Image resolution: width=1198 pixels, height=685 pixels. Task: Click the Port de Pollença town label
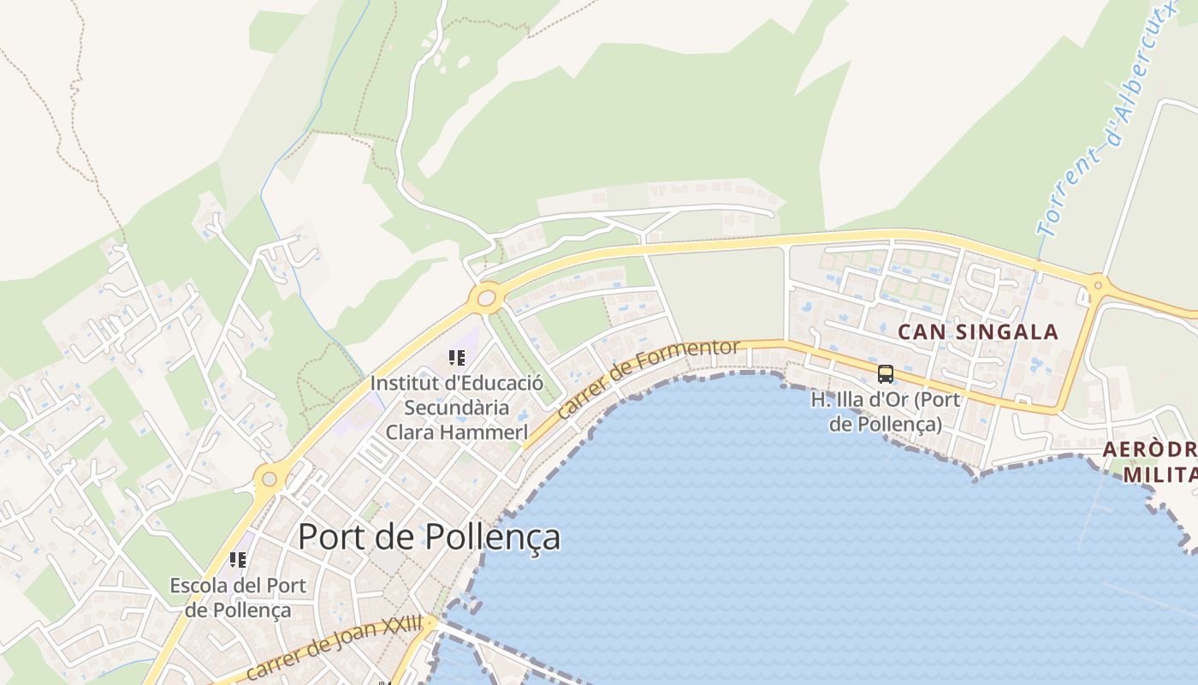tap(429, 537)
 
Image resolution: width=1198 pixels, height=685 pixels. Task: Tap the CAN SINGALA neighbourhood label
tap(978, 332)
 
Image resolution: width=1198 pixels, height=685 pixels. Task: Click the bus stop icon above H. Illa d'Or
tap(886, 374)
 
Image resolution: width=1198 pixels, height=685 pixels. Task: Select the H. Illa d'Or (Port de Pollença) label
tap(886, 412)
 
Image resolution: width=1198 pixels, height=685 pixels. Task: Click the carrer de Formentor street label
tap(648, 378)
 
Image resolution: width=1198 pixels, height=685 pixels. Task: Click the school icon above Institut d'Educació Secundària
tap(456, 358)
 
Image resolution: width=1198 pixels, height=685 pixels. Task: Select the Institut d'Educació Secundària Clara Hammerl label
tap(456, 408)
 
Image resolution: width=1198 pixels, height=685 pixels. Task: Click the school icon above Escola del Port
tap(238, 560)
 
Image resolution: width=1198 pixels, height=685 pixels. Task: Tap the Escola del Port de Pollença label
tap(238, 598)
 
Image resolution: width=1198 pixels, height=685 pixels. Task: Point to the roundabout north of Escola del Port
tap(270, 478)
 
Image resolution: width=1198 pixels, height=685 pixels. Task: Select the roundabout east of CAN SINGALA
tap(1097, 284)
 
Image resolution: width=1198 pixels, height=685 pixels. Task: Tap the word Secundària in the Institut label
tap(457, 408)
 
